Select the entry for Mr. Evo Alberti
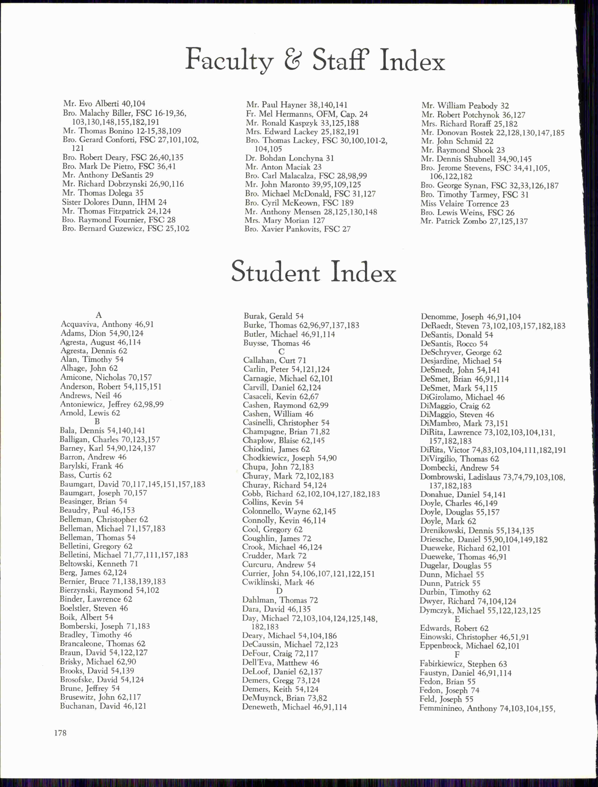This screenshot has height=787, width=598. point(104,104)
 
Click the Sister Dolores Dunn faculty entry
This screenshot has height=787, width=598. point(114,202)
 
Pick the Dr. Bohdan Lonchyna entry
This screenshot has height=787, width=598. point(289,158)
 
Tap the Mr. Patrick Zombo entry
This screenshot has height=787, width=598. point(469,221)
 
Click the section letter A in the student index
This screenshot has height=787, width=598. point(99,315)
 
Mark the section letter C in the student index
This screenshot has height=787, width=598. point(281,351)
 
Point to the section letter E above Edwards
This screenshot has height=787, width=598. point(457,619)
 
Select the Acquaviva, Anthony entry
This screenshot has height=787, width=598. point(107,324)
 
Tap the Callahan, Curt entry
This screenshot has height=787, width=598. point(275,360)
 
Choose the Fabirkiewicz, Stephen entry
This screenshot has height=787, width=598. point(463,664)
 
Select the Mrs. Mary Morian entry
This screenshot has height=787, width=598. point(284,220)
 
